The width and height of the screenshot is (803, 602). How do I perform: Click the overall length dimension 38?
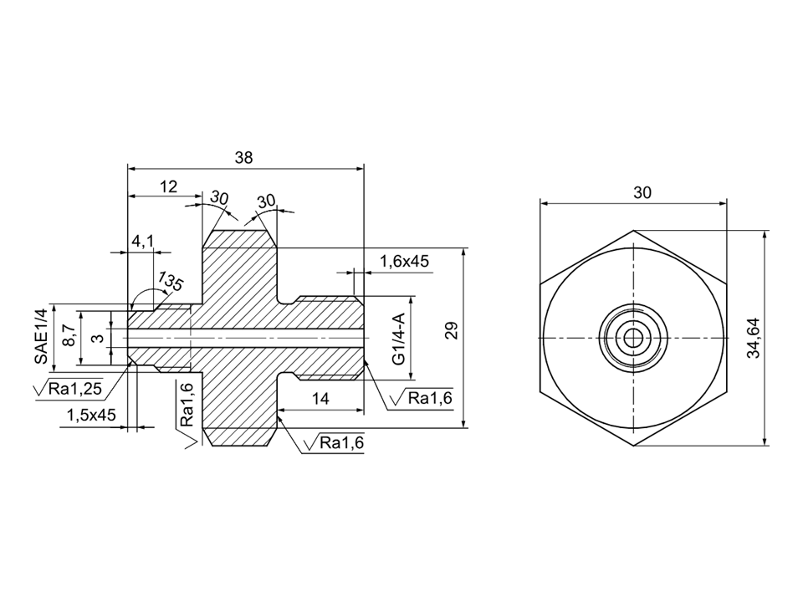(243, 157)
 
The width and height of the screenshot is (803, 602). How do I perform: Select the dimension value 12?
(168, 186)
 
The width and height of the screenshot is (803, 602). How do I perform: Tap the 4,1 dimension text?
(143, 240)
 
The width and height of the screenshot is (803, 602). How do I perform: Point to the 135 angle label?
(171, 281)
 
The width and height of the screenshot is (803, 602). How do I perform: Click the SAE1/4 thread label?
(41, 336)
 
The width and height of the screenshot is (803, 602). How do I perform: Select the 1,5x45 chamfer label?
(92, 416)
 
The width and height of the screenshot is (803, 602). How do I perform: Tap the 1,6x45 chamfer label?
(404, 262)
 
